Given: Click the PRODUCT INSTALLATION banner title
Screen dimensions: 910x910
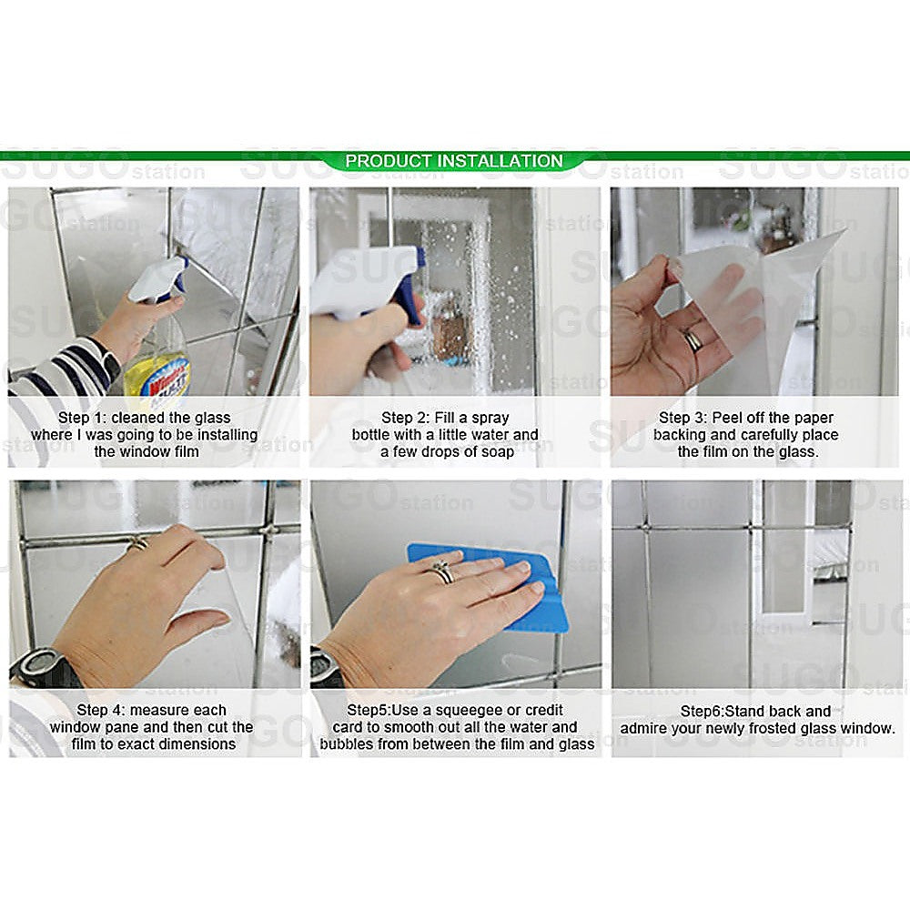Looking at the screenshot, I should coord(454,161).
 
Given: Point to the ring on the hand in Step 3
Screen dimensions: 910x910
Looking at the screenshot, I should coord(693,339).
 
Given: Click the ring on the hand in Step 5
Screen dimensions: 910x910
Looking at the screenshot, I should coord(442,571).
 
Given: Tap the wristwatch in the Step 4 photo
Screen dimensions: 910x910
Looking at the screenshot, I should coord(41,669).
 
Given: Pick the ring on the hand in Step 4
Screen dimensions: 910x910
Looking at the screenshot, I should coord(137,543).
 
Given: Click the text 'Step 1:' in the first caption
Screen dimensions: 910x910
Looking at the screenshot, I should coord(84,418).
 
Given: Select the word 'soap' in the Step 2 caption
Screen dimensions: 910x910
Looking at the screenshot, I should coord(495,452).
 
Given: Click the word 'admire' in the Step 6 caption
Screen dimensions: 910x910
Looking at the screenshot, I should coord(647,728).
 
